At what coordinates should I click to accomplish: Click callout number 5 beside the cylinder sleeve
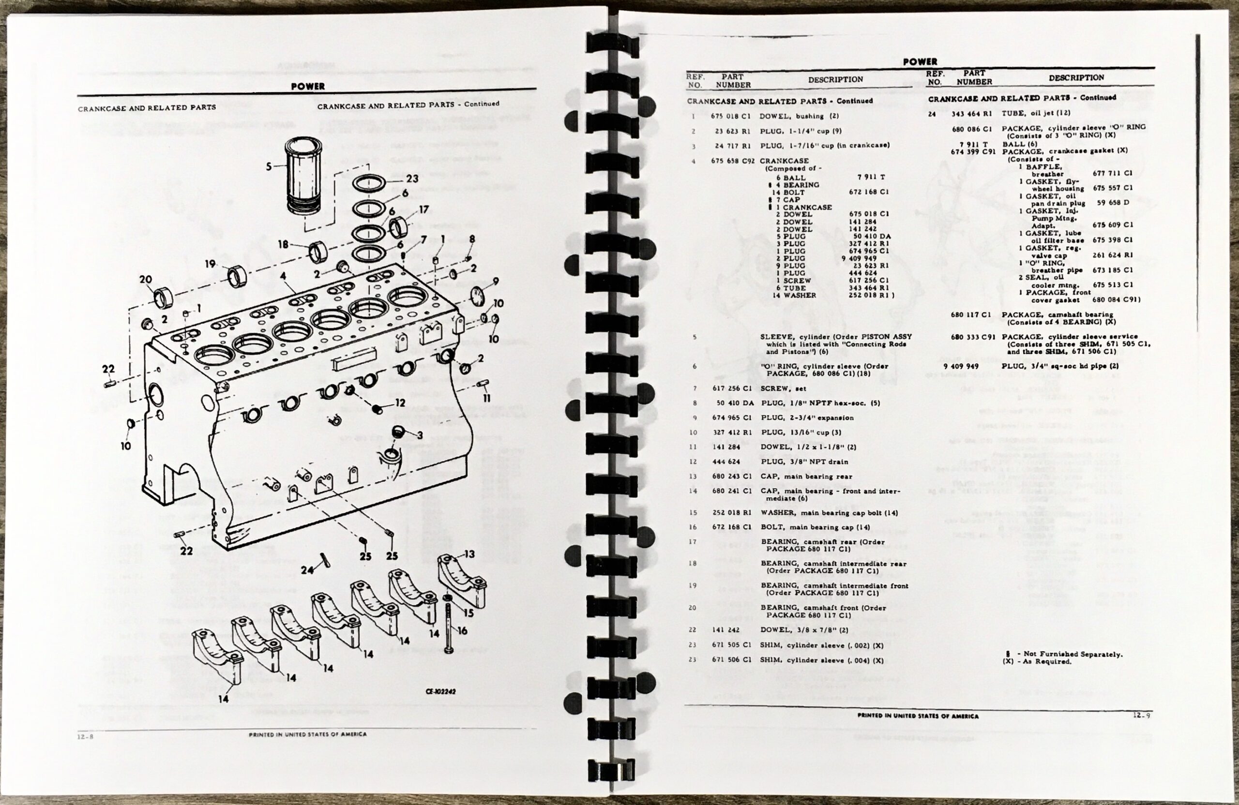coord(269,166)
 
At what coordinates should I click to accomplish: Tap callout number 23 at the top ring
coord(412,179)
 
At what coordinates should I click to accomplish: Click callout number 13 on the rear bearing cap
coord(469,554)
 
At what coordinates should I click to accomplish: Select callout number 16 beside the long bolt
coord(462,631)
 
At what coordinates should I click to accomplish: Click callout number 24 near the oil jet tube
coord(307,570)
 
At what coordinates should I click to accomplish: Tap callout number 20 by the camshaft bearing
coord(146,280)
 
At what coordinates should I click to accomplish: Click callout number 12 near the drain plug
coord(400,403)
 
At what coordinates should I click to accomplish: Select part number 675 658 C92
coord(732,161)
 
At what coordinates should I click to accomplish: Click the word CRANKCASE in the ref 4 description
coord(784,161)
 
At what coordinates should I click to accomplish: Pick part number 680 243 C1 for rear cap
coord(732,476)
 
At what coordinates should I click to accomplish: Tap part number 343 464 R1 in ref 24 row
coord(972,113)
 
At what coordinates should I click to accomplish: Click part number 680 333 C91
coord(971,337)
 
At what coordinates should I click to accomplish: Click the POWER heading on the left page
coord(308,87)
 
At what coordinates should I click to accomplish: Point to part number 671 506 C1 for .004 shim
coord(732,660)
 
